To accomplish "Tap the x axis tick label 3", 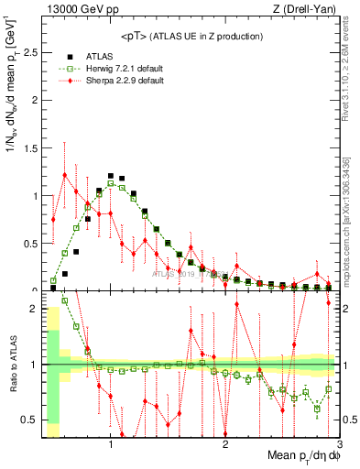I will pyautogui.click(x=338, y=445).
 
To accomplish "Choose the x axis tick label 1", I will pyautogui.click(x=111, y=445).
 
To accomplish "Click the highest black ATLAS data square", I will pyautogui.click(x=110, y=175).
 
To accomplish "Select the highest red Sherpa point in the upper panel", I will pyautogui.click(x=65, y=174).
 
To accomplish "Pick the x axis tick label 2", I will pyautogui.click(x=224, y=445).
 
